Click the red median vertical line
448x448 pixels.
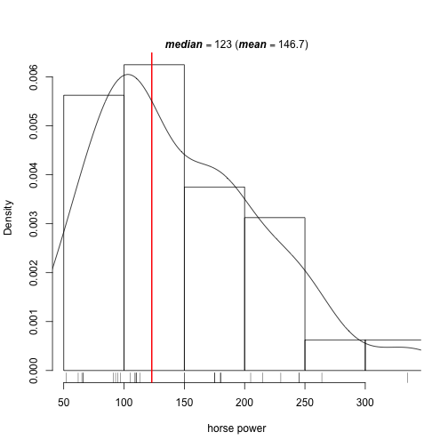[x=152, y=218]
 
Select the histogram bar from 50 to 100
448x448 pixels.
[x=93, y=233]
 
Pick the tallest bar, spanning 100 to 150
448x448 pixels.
[x=154, y=217]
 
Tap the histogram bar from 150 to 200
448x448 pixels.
[x=214, y=278]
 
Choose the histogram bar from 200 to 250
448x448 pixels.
[x=275, y=294]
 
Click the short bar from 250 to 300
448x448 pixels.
[x=335, y=355]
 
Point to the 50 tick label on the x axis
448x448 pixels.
[x=63, y=403]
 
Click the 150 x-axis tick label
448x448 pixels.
[x=184, y=403]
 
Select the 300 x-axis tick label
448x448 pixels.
[x=365, y=403]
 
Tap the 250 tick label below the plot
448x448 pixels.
[x=305, y=403]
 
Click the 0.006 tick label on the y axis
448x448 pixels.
[x=34, y=77]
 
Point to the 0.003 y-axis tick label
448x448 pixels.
[x=34, y=224]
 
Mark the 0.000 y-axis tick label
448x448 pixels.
[x=34, y=371]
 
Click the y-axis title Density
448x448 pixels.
[x=8, y=218]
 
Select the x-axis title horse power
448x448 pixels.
[x=236, y=428]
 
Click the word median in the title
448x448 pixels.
[x=184, y=44]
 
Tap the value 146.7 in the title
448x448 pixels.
[x=292, y=44]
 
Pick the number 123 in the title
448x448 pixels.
[x=223, y=44]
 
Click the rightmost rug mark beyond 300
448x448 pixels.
[x=407, y=378]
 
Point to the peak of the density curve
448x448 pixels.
[x=128, y=74]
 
